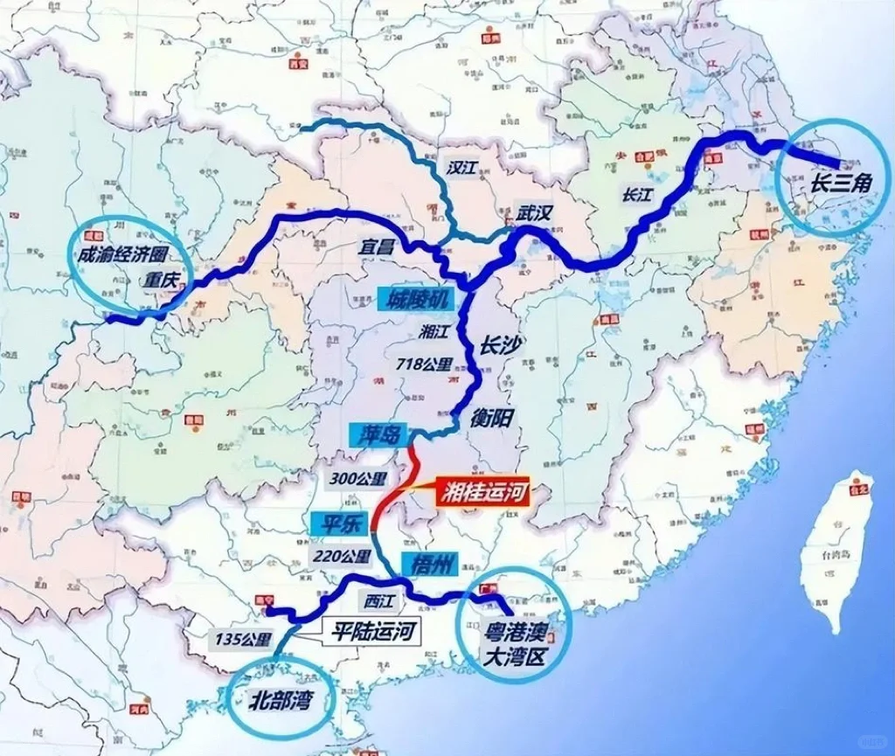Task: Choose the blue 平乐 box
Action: click(336, 524)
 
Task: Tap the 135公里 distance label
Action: click(242, 637)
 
